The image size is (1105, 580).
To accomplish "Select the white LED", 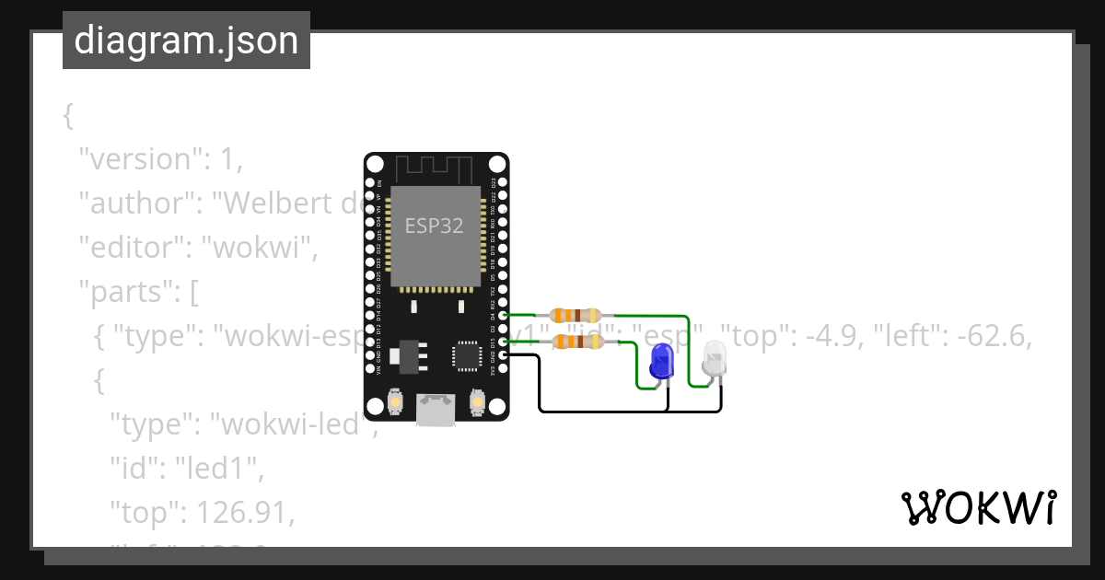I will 715,357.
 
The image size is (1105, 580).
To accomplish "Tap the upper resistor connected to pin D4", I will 575,316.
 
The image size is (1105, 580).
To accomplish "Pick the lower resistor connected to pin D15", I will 577,342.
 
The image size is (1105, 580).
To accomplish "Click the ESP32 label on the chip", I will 434,225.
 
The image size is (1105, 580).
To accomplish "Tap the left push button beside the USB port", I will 394,401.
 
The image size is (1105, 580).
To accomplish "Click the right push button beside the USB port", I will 477,401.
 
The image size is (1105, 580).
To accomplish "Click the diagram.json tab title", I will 186,41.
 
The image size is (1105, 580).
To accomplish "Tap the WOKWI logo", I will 978,507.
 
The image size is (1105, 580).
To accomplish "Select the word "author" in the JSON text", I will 137,203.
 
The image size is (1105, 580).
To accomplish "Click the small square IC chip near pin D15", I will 468,355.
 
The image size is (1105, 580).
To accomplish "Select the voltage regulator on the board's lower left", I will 408,354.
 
